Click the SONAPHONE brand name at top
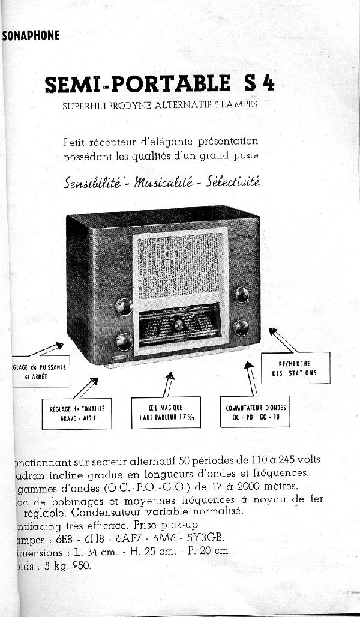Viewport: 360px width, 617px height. [x=31, y=35]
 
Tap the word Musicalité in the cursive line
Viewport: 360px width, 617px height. [x=164, y=181]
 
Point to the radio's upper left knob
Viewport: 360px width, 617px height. [x=124, y=306]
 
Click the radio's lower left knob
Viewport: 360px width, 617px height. [x=124, y=341]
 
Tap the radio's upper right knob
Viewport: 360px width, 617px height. [x=241, y=294]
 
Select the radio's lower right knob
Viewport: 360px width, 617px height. [x=241, y=327]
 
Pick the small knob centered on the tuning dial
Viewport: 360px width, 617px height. [x=178, y=325]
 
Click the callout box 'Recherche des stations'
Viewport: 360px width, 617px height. [x=295, y=368]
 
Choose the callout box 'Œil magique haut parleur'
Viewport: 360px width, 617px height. [x=166, y=412]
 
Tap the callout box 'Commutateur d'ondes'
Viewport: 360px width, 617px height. [x=255, y=412]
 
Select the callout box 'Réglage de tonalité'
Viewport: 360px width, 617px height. [x=77, y=413]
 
